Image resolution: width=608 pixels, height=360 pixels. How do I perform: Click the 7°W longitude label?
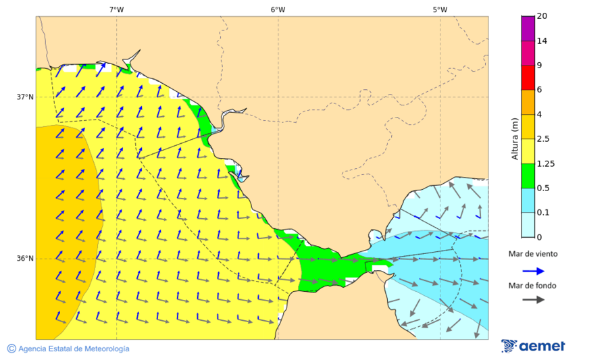tap(116, 9)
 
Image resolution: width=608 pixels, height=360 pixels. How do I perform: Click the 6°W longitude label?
tap(278, 9)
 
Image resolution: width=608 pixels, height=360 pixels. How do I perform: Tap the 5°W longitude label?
tap(440, 9)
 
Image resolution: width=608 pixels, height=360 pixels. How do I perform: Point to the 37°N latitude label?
tap(25, 97)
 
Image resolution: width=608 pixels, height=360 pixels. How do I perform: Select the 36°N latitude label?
tap(25, 259)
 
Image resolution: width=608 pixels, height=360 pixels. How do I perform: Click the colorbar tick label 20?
tap(542, 16)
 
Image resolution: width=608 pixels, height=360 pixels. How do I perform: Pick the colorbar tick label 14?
tap(542, 41)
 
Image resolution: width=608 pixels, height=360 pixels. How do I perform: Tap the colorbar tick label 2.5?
tap(543, 139)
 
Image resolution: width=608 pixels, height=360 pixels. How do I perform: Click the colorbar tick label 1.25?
tap(545, 163)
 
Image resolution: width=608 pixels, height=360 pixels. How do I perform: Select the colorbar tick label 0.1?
tap(543, 213)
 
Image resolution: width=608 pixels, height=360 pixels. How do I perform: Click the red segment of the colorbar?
tap(528, 78)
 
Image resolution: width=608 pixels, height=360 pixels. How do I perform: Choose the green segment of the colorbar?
tap(528, 176)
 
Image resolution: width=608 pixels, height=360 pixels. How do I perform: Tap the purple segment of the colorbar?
tap(528, 28)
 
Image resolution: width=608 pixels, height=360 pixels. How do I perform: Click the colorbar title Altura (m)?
tap(515, 139)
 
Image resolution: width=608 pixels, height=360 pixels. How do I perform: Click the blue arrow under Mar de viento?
tap(533, 271)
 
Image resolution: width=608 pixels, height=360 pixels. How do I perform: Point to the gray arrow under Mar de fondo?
tap(533, 299)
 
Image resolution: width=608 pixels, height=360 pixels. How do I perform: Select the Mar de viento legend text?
tap(533, 254)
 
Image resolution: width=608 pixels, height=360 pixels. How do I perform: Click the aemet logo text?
tap(542, 346)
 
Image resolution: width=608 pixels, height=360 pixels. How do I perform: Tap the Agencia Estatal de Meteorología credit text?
tap(74, 349)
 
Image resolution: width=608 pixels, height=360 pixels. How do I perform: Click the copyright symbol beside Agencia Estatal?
tap(11, 349)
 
